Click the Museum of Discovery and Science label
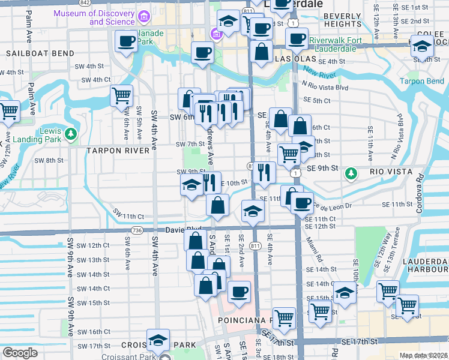94,17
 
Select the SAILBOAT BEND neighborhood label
31,53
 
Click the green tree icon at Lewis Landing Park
71,133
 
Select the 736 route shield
137,230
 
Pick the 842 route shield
85,3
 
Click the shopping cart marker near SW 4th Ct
122,96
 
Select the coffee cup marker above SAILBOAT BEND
126,42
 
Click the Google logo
20,353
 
